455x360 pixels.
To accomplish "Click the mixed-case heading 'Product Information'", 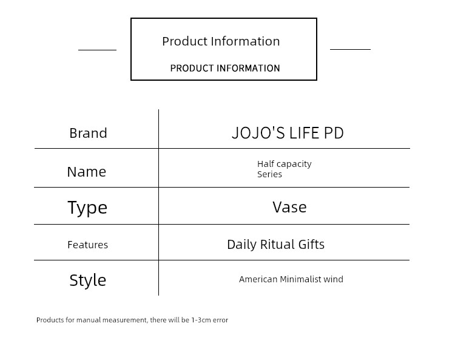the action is (221, 41).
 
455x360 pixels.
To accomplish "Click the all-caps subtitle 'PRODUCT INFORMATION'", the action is (225, 68).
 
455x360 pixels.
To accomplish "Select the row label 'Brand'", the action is (88, 134).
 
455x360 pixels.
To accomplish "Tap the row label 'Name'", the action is (87, 172).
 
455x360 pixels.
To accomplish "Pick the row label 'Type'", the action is (87, 208).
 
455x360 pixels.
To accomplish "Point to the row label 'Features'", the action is (87, 245).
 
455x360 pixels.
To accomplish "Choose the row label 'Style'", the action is (87, 280).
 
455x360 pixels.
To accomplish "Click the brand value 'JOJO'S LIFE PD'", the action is (288, 133).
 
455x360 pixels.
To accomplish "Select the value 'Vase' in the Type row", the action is (289, 207).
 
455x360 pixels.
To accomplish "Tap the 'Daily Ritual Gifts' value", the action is (275, 245).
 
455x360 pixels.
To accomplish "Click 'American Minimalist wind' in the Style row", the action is (291, 279).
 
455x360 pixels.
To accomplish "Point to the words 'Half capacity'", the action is (285, 165).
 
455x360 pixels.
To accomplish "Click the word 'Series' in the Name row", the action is (269, 174).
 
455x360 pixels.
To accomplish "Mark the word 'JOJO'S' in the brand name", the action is (258, 133).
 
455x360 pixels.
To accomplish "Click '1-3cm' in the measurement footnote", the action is (201, 320).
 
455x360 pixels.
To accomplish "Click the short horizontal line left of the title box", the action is (97, 50).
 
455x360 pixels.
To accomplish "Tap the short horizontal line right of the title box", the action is (350, 49).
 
